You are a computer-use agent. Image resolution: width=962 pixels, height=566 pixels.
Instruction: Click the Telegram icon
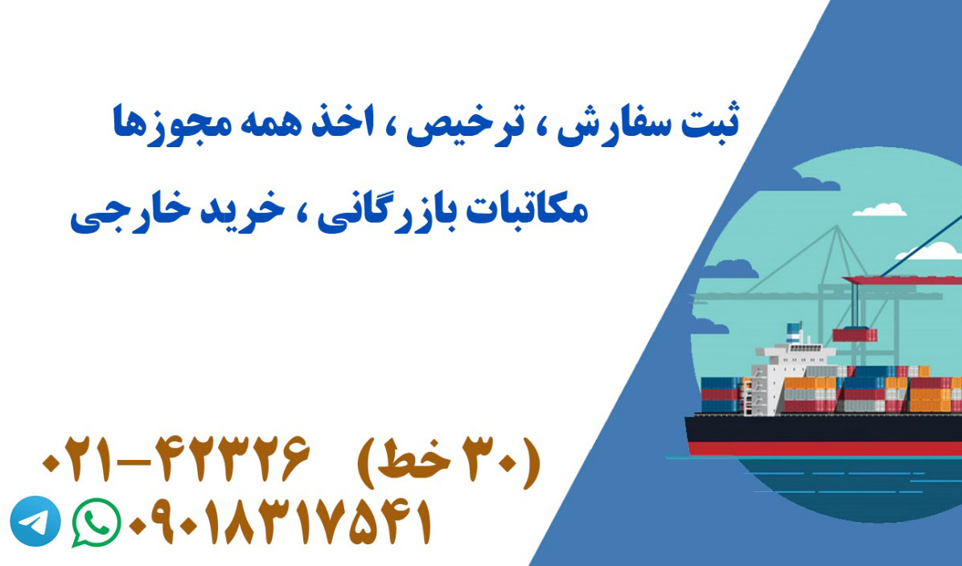coord(35,521)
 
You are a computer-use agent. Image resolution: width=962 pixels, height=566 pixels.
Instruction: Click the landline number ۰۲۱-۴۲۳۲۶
coord(175,459)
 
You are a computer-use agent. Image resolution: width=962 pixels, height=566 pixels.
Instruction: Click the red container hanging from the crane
coord(855,334)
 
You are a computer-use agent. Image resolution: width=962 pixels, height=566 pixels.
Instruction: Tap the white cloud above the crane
coord(880,210)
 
